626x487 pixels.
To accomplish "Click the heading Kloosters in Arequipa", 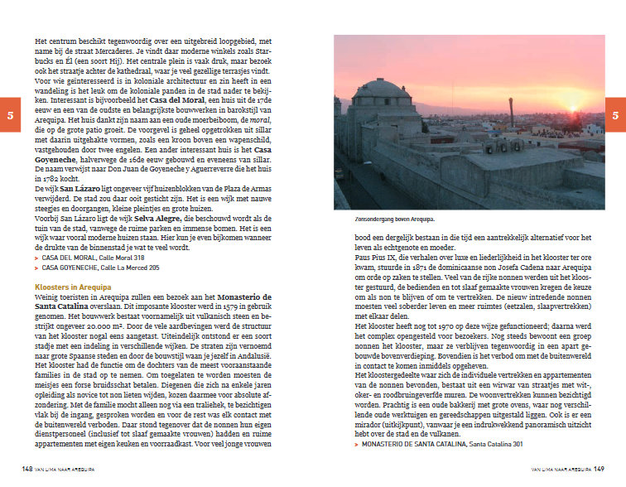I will point(74,287).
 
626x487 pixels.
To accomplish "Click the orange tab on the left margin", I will point(9,115).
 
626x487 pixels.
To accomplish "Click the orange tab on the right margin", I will point(615,115).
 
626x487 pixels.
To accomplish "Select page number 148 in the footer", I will point(27,469).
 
